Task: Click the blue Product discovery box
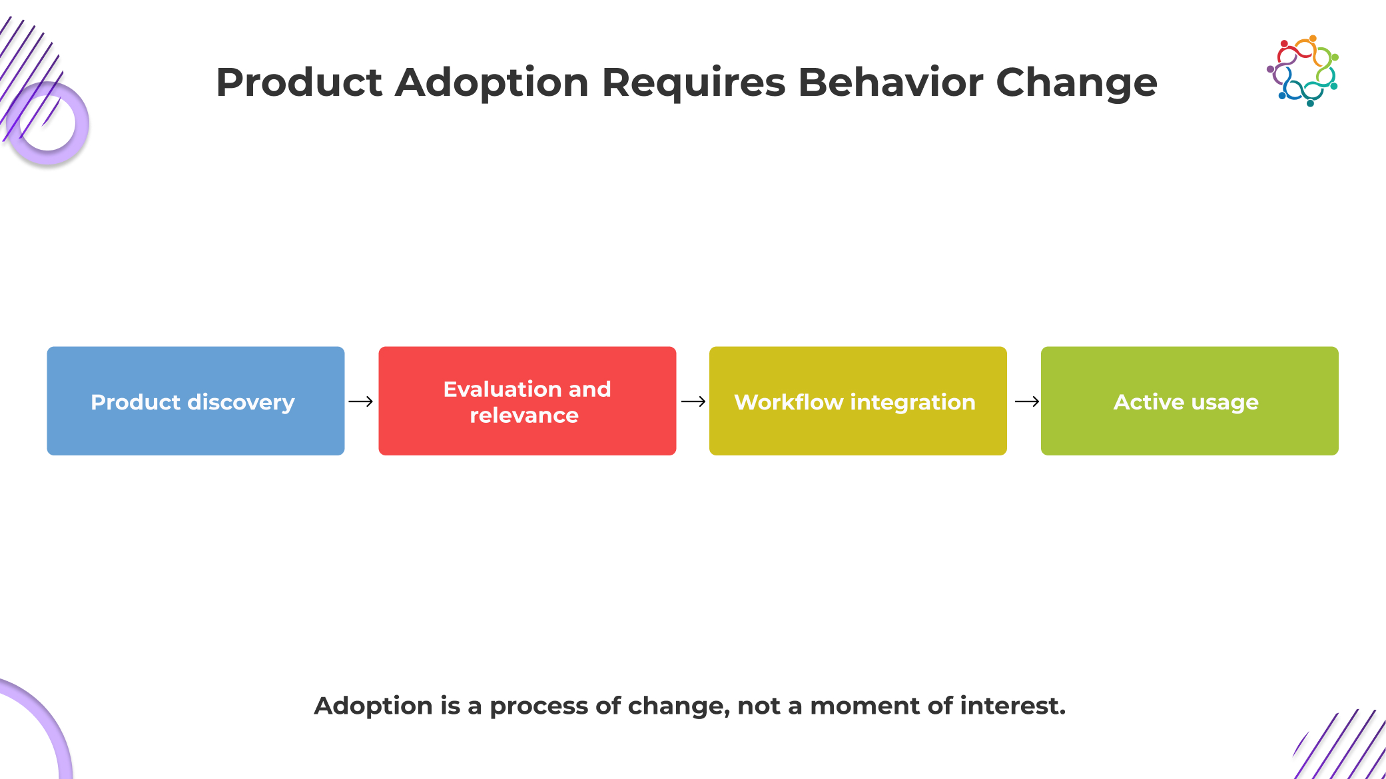point(196,401)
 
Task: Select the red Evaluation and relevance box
point(527,401)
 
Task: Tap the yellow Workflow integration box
point(858,401)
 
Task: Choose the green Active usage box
point(1190,401)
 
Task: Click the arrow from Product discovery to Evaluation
point(361,401)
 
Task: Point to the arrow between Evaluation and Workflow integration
point(693,401)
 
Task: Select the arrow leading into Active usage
point(1027,401)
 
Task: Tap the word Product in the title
point(299,83)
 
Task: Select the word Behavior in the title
point(890,83)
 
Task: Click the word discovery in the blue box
point(240,403)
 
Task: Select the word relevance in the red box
point(524,415)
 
